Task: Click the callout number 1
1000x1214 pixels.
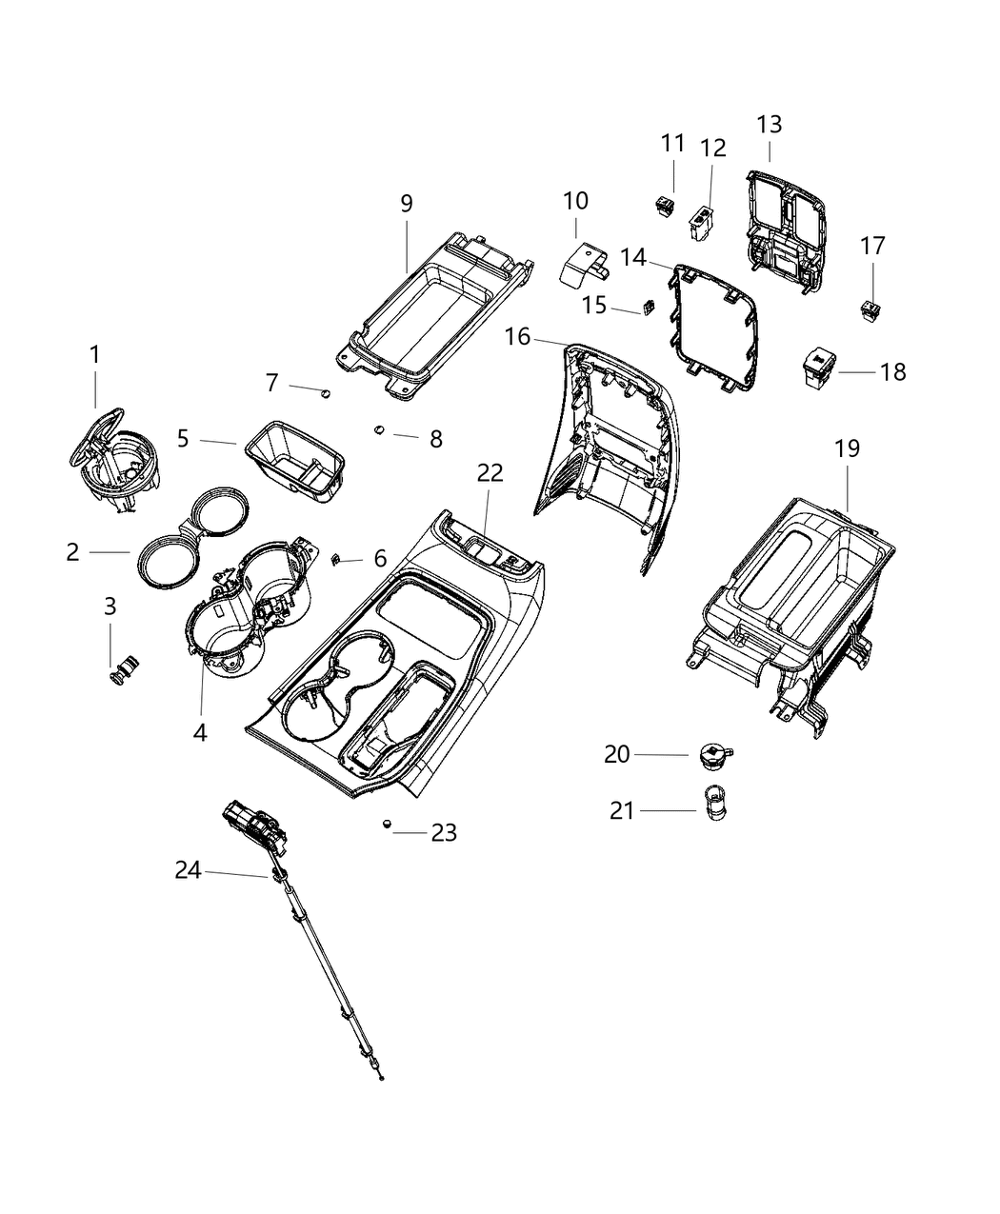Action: coord(94,354)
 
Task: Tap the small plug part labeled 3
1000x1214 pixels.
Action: coord(123,668)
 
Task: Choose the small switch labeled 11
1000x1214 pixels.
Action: coord(665,202)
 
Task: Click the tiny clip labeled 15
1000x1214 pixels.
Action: coord(649,307)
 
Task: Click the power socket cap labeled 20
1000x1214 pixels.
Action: coord(710,755)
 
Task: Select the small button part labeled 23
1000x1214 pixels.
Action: coord(387,824)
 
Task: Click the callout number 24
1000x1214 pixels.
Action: coord(188,869)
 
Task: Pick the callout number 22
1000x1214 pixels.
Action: coord(490,473)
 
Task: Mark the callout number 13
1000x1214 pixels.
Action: coord(769,124)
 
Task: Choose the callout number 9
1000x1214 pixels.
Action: coord(406,203)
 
